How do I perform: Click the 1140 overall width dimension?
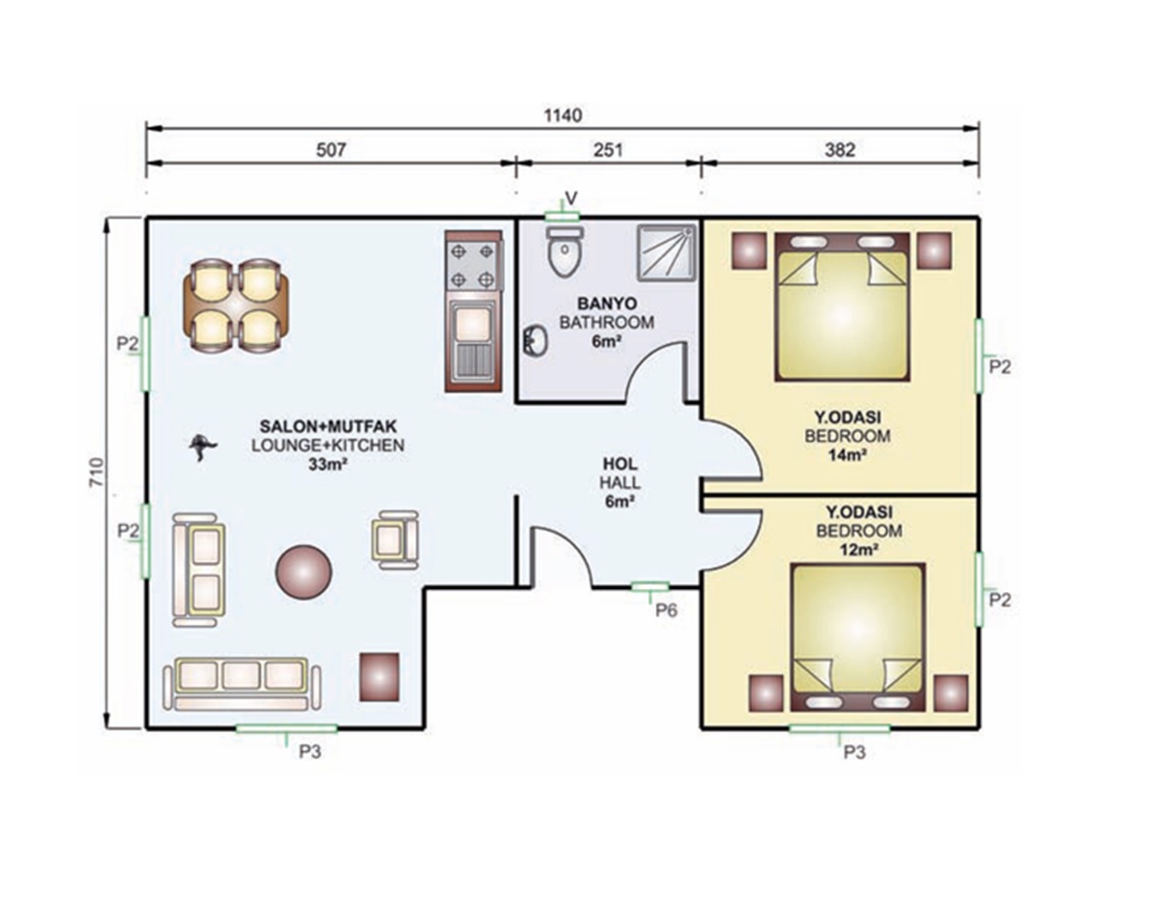pos(563,115)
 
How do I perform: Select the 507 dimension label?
pos(330,150)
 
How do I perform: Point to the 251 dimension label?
pos(608,150)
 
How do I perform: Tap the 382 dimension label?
pos(839,150)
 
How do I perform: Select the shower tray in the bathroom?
pos(667,253)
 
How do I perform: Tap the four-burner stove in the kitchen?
pos(472,265)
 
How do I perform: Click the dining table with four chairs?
pos(236,306)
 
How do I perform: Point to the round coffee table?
pos(304,572)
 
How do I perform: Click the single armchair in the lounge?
pos(395,540)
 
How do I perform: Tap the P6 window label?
pos(666,610)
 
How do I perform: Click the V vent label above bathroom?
pos(572,199)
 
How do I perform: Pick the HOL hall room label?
pos(620,463)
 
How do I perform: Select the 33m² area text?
pos(328,464)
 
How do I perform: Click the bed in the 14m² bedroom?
pos(841,307)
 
